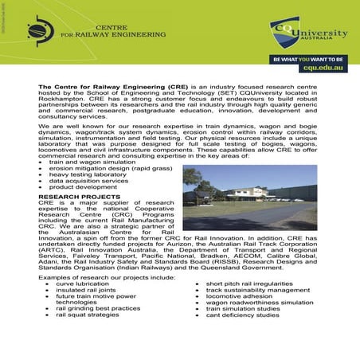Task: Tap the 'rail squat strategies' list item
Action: pos(87,315)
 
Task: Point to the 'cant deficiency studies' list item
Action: pos(242,315)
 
